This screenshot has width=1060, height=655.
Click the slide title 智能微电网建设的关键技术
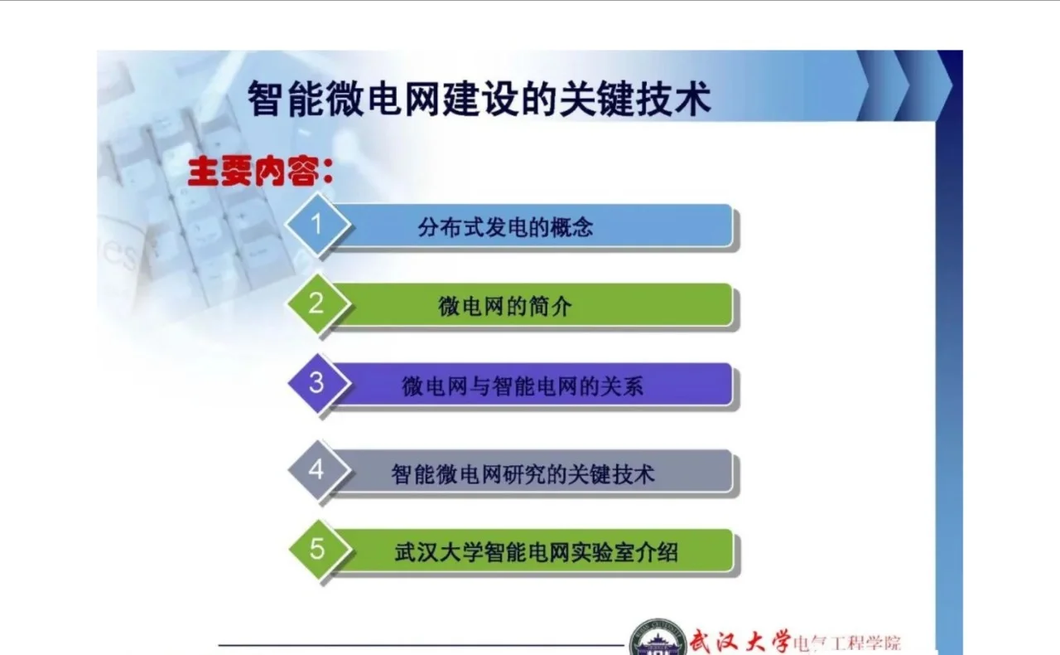[479, 99]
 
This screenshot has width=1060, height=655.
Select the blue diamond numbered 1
[316, 225]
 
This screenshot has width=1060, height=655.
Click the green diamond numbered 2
[316, 303]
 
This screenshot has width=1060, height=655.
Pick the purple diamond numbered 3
[316, 383]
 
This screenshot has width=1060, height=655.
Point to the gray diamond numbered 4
[316, 470]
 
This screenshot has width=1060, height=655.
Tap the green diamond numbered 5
[317, 549]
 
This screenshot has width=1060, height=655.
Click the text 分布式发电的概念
[505, 227]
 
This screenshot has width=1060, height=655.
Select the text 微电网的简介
[505, 307]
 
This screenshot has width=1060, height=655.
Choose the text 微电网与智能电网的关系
[523, 386]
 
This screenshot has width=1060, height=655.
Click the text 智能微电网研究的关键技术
[523, 473]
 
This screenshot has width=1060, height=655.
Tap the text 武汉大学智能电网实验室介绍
[536, 552]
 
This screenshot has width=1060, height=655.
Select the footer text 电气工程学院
[846, 643]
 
